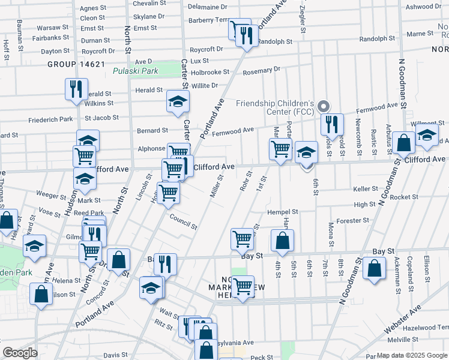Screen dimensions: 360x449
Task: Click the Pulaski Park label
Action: (134, 71)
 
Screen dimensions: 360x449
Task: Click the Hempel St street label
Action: (283, 212)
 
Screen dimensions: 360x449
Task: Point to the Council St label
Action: (182, 221)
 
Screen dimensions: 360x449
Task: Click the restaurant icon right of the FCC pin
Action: (331, 124)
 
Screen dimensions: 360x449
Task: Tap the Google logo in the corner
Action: (20, 353)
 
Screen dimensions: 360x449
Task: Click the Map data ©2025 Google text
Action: (412, 355)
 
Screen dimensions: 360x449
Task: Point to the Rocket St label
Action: (403, 197)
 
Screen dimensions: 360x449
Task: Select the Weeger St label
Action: (51, 194)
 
